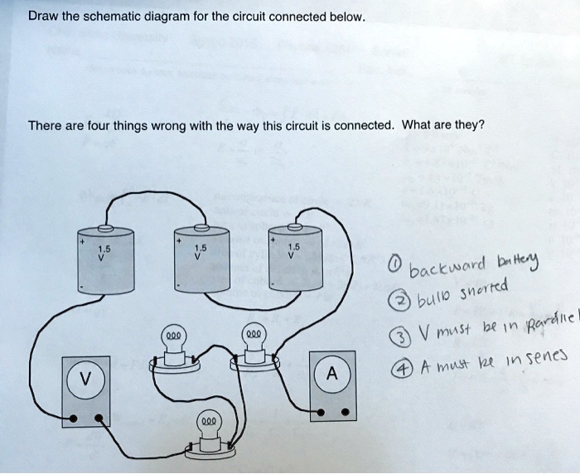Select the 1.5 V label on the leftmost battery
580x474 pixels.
coord(104,252)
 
